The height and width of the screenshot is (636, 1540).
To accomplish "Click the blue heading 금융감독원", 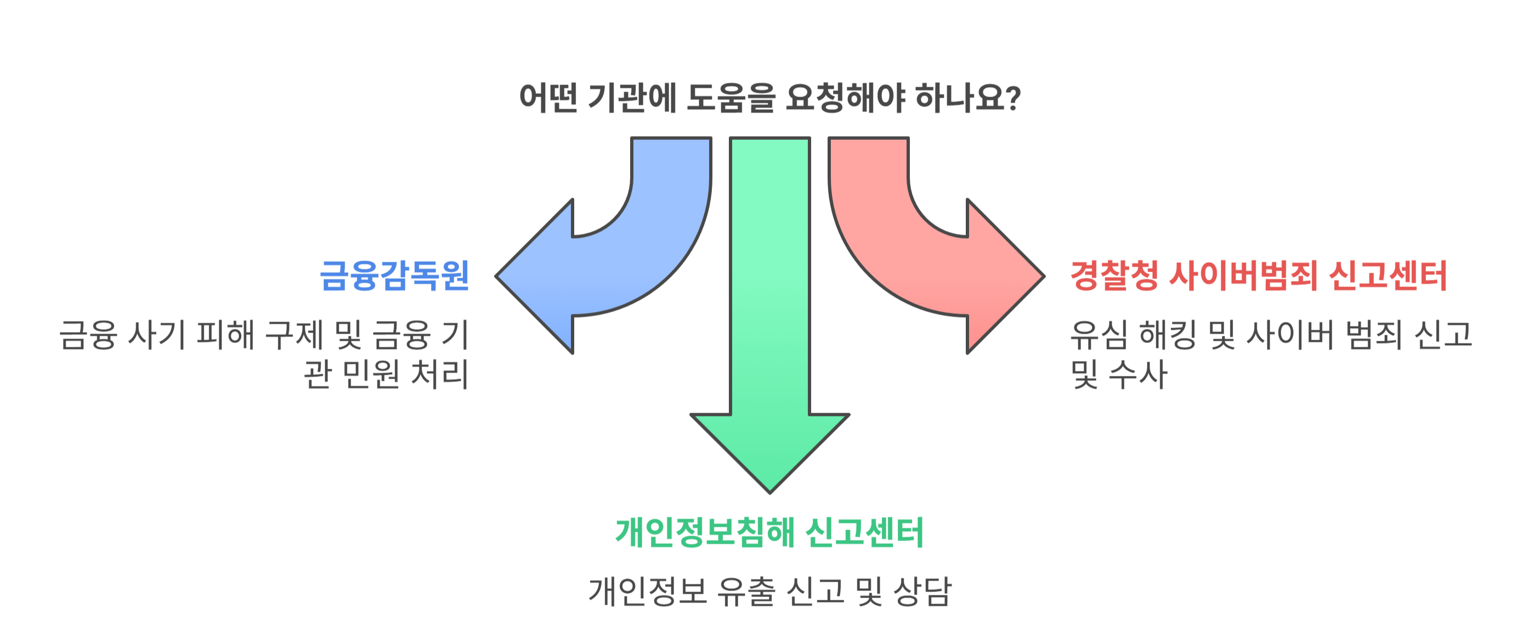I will click(x=394, y=276).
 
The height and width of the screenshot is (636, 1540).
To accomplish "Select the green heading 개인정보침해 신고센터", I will click(x=770, y=532).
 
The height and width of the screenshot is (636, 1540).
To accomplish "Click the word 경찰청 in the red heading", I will click(x=1114, y=276).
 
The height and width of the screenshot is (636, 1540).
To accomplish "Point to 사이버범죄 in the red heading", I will click(x=1243, y=276).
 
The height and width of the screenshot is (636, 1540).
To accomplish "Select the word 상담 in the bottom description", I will click(x=922, y=591).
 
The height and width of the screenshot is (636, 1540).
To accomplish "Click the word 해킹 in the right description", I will click(x=1168, y=334).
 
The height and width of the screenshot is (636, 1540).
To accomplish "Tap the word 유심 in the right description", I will click(x=1099, y=334).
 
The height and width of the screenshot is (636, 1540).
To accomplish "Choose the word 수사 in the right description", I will click(x=1137, y=374).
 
